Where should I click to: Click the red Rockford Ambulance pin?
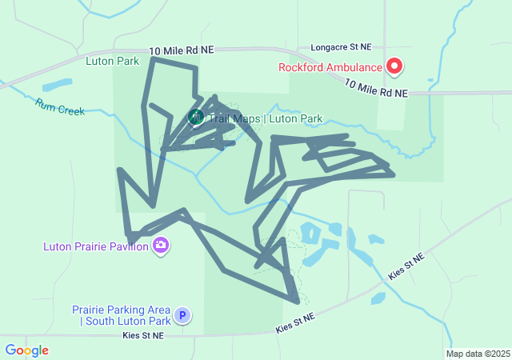coord(394,66)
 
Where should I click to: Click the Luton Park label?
coord(113,61)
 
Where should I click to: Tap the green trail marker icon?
coord(195,118)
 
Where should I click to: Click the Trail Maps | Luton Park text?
coord(266,119)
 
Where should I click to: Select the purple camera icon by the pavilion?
coord(161,245)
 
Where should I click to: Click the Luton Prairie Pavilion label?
coord(96,246)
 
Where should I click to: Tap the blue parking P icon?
coord(182,316)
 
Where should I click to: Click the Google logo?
coord(26,350)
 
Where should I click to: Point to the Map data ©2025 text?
coord(478,354)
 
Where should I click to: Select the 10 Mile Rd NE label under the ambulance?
coord(376,89)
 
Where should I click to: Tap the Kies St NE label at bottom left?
coord(143,336)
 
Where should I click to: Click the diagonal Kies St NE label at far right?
coord(406,265)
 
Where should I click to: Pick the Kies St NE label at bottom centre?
coord(296,323)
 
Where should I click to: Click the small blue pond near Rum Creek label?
coord(56,84)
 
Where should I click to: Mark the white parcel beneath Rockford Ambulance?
coord(391,113)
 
